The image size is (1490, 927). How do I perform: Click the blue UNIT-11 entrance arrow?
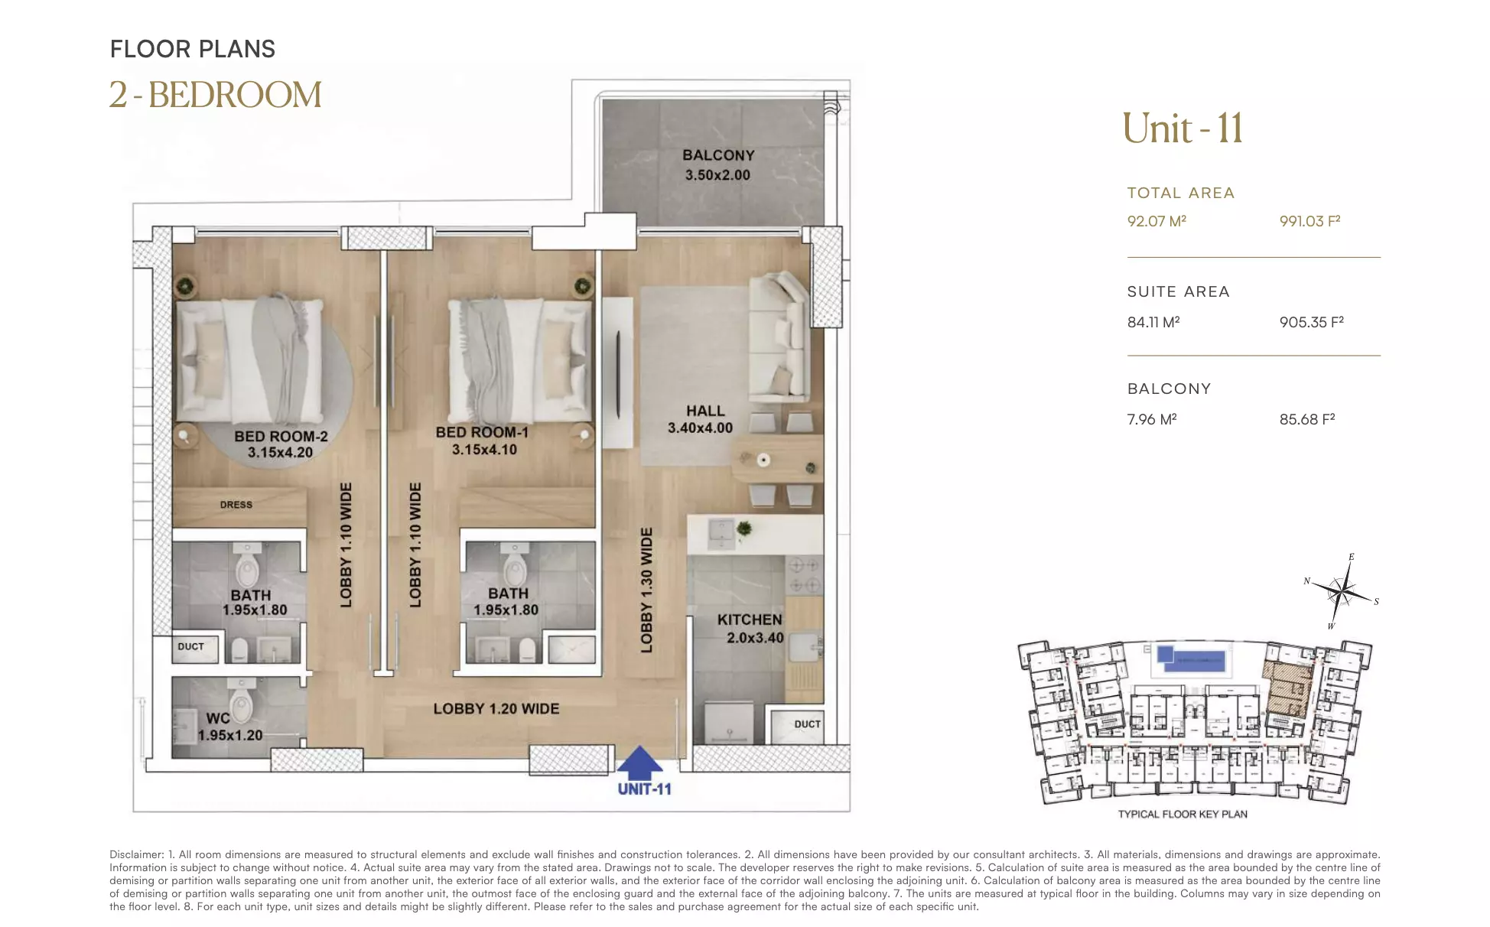639,763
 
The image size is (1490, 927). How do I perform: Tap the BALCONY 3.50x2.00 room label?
718,165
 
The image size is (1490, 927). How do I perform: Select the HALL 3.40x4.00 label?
701,420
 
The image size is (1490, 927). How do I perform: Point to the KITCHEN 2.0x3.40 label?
750,629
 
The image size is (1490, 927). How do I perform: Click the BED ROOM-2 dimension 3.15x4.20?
281,453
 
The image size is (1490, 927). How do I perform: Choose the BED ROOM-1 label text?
483,433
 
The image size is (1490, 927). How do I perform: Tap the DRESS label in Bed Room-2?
236,505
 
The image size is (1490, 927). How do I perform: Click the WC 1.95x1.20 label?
230,727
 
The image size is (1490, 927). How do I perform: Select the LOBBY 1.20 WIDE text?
496,709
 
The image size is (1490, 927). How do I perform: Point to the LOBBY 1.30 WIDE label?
646,590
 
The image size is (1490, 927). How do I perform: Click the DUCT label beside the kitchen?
808,724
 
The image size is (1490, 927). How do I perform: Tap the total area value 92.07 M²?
1157,221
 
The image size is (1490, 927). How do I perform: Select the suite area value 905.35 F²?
1311,322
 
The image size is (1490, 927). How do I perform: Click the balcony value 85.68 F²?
1307,419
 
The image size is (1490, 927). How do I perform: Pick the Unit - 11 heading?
1183,128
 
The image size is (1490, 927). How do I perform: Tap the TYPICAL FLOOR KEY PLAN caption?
1183,814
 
